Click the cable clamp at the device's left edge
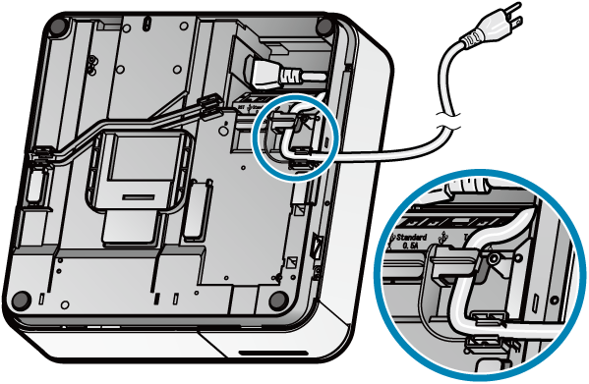point(42,156)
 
